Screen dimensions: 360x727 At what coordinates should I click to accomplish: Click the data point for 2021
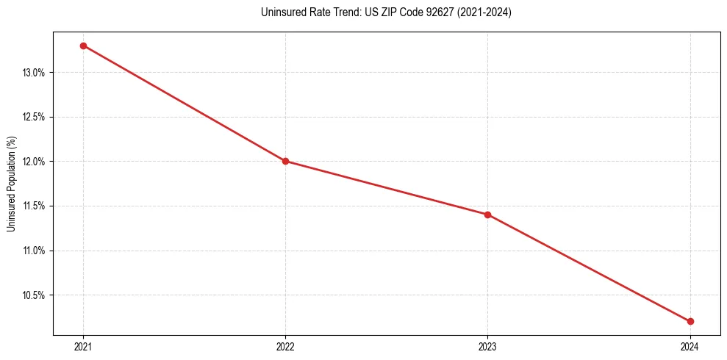(x=83, y=46)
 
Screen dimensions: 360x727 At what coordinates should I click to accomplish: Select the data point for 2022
(x=285, y=161)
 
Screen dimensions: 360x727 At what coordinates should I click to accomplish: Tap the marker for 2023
(x=487, y=215)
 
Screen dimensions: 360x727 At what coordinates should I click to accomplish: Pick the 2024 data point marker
(x=690, y=321)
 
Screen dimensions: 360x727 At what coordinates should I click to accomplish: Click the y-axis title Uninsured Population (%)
(x=11, y=183)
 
